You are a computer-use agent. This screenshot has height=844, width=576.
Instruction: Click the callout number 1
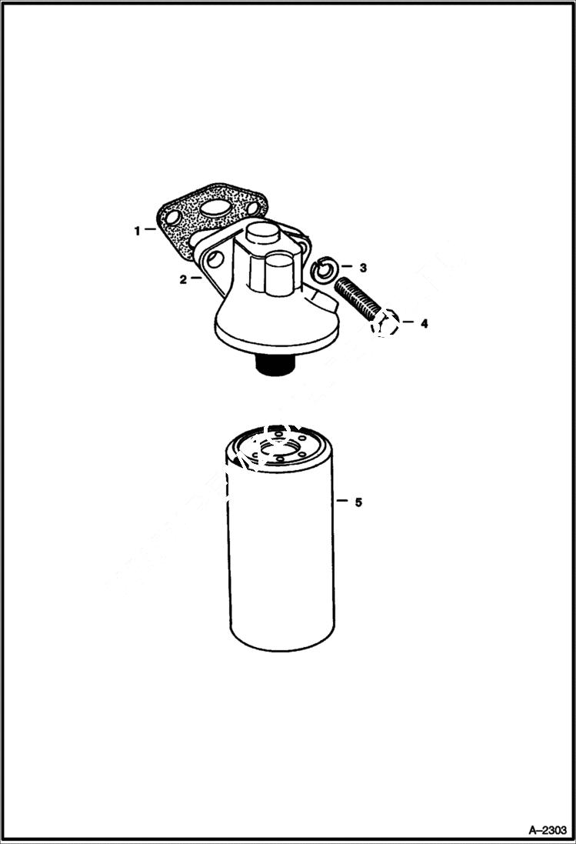(138, 230)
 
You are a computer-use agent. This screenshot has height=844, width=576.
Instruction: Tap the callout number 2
(183, 280)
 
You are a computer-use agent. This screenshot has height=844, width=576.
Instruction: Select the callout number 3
(363, 268)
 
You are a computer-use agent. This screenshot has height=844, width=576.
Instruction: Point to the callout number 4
(424, 324)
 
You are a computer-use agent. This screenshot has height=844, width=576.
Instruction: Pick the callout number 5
(358, 502)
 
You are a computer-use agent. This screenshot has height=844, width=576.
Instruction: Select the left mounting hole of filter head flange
(213, 259)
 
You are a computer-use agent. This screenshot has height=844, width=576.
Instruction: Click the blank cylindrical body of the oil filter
(281, 562)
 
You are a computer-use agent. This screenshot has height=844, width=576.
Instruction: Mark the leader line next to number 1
(151, 230)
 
